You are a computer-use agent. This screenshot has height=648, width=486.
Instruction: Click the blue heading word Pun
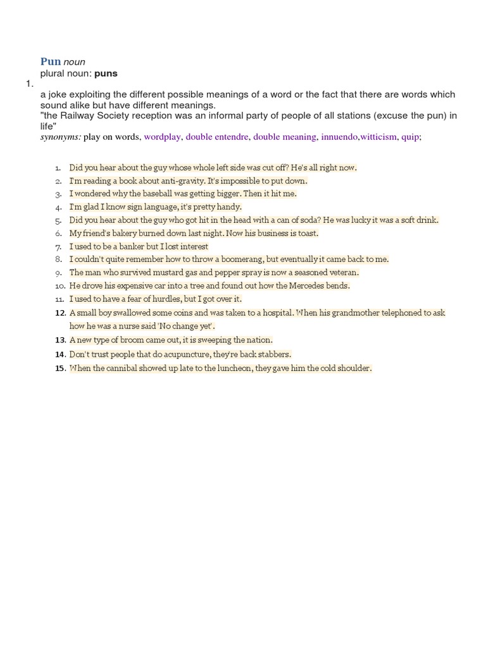point(51,61)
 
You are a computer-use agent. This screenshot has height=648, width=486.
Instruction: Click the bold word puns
point(106,73)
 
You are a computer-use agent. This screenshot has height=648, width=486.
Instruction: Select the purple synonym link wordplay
point(162,136)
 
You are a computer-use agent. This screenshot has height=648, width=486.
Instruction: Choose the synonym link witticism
point(378,136)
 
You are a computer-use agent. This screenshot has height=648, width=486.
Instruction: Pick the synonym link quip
point(410,136)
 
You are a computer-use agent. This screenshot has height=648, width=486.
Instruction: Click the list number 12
point(61,313)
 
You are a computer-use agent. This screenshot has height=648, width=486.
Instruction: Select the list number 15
point(61,368)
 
